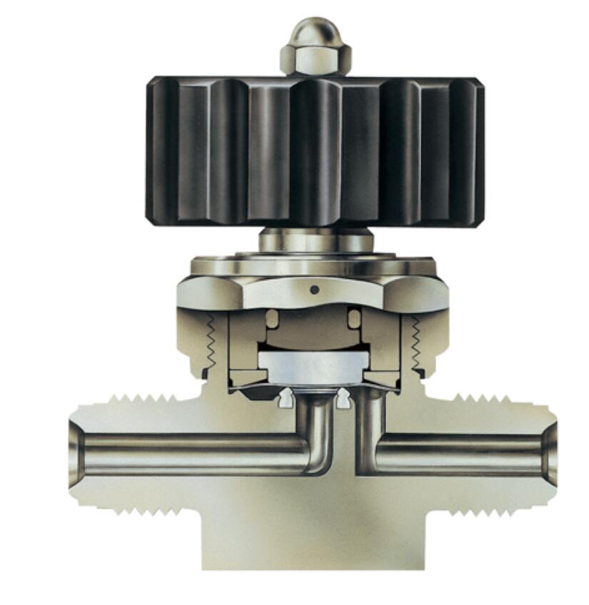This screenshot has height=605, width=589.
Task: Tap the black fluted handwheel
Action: click(315, 150)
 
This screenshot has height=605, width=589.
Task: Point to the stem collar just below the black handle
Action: click(315, 240)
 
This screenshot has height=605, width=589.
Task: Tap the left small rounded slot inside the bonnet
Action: click(272, 319)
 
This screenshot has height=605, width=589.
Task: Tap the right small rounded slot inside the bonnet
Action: click(354, 319)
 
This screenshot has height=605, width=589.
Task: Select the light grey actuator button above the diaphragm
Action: click(313, 367)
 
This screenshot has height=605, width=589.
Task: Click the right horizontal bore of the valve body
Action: click(457, 454)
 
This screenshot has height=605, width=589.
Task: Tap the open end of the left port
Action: click(75, 454)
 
